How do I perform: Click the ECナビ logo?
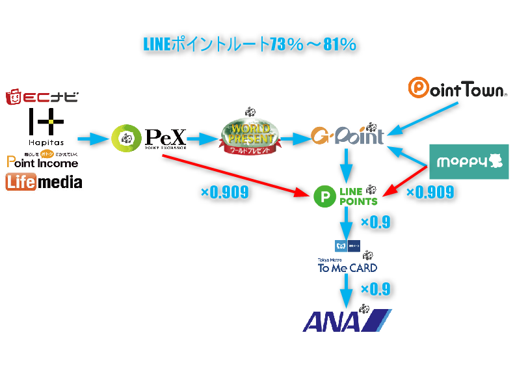click(x=42, y=98)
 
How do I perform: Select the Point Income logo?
click(x=42, y=159)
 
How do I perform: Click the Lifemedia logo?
click(x=44, y=182)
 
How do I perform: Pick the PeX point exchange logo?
click(x=149, y=137)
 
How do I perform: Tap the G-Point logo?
click(x=347, y=135)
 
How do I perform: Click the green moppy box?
click(x=469, y=161)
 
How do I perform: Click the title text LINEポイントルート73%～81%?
click(x=249, y=45)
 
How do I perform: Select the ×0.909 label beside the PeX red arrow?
click(x=224, y=193)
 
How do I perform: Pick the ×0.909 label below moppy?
click(x=430, y=193)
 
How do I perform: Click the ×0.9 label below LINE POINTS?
click(x=375, y=222)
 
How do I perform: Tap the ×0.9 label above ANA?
click(x=375, y=289)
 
